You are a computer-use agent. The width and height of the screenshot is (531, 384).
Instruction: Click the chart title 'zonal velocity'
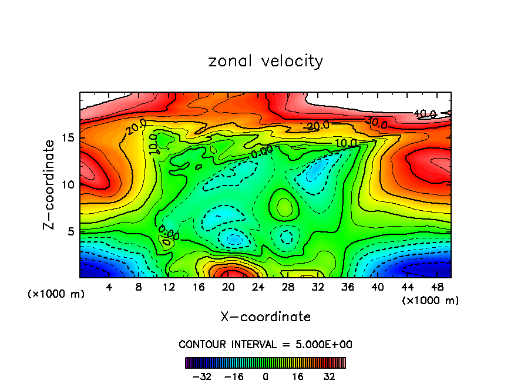[265, 61]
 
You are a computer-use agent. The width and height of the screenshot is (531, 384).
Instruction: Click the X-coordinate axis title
[265, 317]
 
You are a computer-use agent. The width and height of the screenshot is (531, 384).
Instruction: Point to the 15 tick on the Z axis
[70, 139]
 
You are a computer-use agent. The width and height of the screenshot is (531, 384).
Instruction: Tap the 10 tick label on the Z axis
[70, 184]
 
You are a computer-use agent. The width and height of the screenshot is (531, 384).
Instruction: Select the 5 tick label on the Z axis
[73, 231]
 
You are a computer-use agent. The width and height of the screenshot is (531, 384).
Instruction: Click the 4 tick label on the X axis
[109, 287]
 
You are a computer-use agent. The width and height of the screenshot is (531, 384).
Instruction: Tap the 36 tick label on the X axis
[348, 287]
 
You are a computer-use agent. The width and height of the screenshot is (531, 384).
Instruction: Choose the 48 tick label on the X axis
[437, 287]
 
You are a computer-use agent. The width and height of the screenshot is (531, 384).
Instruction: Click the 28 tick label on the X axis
[288, 287]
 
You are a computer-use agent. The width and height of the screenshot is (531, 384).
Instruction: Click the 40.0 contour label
[424, 114]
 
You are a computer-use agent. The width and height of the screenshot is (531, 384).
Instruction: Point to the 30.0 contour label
[376, 123]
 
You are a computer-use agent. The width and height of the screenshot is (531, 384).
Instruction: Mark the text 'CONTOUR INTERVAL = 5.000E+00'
[265, 344]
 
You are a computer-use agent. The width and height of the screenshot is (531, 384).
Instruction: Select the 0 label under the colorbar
[265, 376]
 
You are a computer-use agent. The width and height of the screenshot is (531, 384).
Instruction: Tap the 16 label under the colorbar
[297, 376]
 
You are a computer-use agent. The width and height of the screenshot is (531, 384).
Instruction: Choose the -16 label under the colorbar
[233, 376]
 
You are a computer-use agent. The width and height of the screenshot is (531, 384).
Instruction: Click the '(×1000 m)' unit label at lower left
[56, 294]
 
